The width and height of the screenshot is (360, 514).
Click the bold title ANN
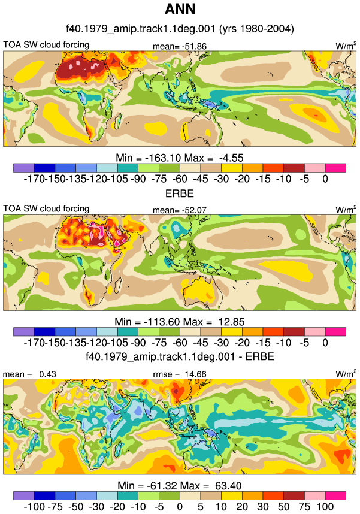coord(180,9)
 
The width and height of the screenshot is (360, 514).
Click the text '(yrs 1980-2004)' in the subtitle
coord(257,29)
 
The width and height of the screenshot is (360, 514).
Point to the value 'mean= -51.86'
coord(180,47)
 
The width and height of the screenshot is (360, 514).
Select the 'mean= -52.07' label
coord(180,210)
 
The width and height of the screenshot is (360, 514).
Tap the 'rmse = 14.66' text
coord(180,374)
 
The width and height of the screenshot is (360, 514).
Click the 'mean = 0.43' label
coord(29,374)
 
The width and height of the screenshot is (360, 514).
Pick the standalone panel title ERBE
coord(180,193)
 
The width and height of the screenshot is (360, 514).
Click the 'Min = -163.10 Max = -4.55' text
coord(180,158)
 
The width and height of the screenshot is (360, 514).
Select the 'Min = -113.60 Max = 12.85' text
coord(180,322)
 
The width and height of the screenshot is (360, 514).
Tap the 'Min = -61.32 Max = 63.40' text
coord(180,485)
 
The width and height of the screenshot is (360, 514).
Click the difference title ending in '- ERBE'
coord(180,356)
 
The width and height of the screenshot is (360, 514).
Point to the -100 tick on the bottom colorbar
coord(34,506)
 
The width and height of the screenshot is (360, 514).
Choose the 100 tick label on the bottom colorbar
coord(325,506)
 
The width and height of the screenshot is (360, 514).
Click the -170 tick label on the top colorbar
coord(34,179)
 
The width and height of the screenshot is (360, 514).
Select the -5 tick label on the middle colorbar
coord(304,343)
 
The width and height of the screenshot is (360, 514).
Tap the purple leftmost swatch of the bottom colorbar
coord(24,495)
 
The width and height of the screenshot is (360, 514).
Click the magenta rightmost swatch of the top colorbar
coord(335,168)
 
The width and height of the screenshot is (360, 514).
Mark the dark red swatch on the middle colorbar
coord(294,332)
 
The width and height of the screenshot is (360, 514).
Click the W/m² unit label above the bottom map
coord(346,374)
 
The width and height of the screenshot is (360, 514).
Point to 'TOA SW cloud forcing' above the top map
coord(46,44)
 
